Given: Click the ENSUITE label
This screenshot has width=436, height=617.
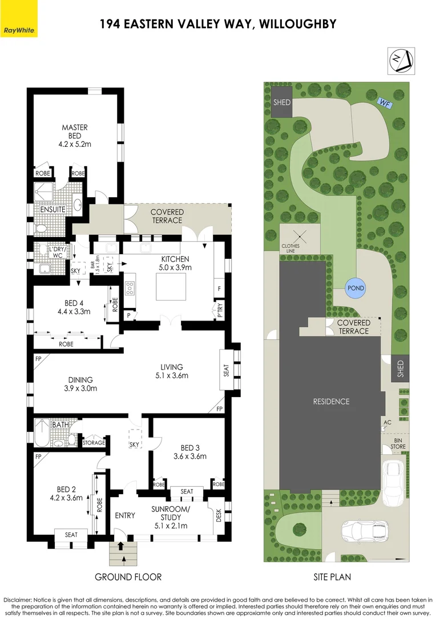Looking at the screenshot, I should point(53,210).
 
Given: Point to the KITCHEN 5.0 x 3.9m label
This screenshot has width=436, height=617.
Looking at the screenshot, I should point(175,263).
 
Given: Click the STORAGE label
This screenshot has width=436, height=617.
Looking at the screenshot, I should point(94,443).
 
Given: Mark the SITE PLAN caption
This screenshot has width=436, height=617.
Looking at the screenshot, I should point(332,577).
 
